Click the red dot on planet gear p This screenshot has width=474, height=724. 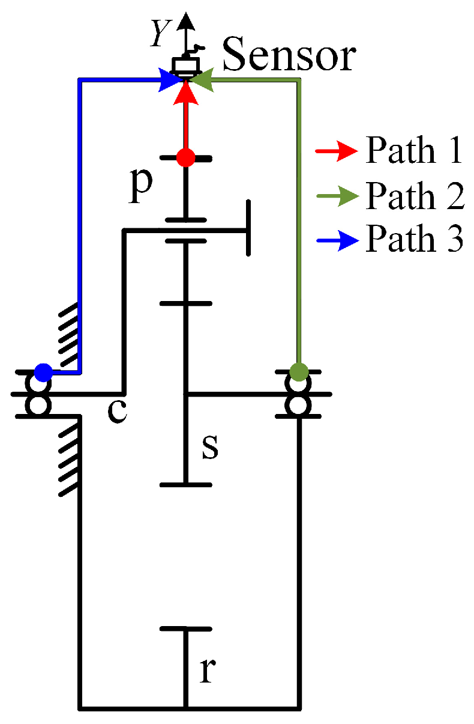point(186,159)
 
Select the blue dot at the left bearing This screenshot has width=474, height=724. point(43,373)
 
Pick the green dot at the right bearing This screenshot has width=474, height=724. point(298,371)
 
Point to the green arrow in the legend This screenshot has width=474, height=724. point(337,196)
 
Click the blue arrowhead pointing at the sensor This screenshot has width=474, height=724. point(169,80)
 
